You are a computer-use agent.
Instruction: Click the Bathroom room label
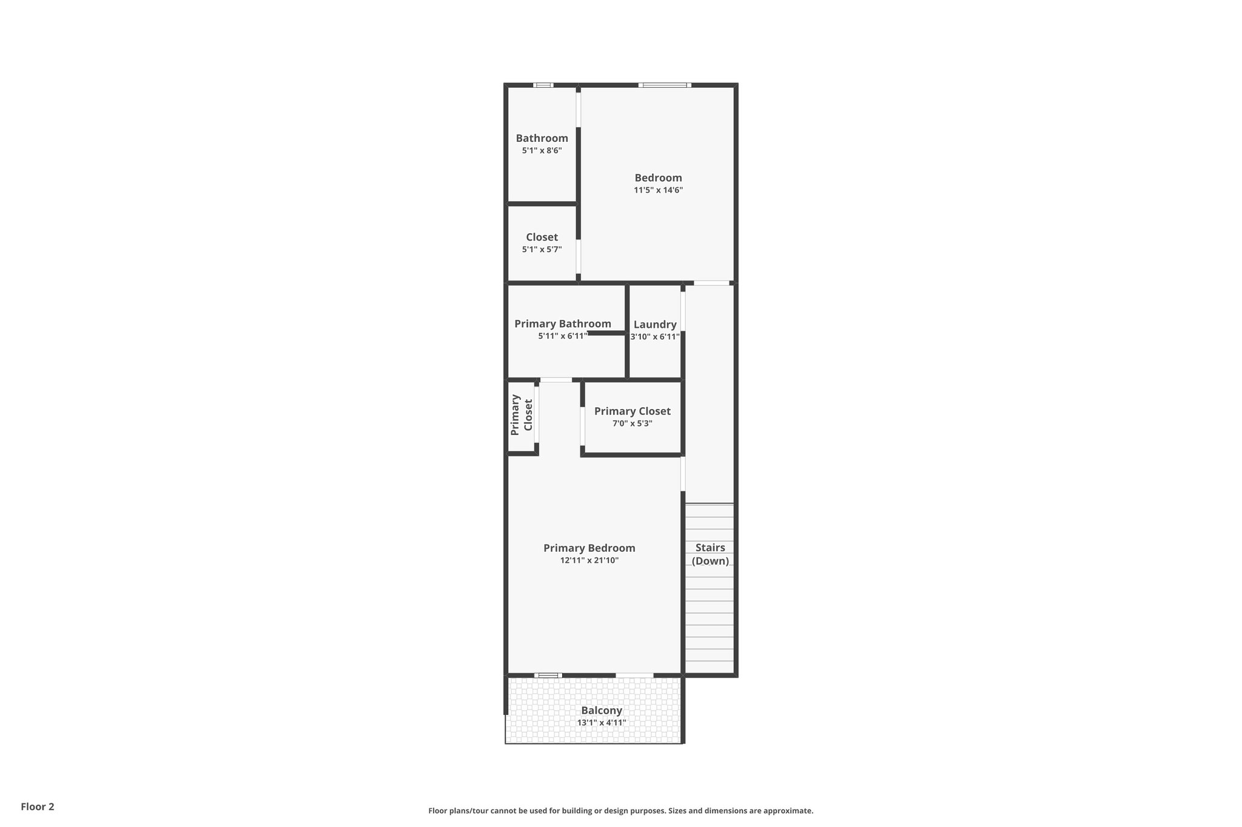pyautogui.click(x=542, y=138)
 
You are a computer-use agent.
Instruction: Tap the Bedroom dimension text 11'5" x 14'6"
pyautogui.click(x=658, y=190)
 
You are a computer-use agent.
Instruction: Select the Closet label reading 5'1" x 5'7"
pyautogui.click(x=542, y=249)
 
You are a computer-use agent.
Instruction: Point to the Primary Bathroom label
pyautogui.click(x=562, y=324)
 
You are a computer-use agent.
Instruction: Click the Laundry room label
pyautogui.click(x=655, y=325)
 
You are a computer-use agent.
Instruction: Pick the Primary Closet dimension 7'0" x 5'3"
pyautogui.click(x=632, y=423)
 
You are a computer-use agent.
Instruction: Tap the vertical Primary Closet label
pyautogui.click(x=522, y=415)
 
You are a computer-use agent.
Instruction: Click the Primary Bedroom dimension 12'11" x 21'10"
pyautogui.click(x=589, y=560)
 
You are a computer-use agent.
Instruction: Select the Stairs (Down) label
pyautogui.click(x=710, y=554)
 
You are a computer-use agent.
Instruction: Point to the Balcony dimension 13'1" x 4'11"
pyautogui.click(x=601, y=723)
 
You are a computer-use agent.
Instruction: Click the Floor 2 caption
pyautogui.click(x=38, y=806)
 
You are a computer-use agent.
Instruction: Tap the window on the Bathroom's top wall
pyautogui.click(x=543, y=85)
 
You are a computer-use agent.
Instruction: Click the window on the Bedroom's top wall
pyautogui.click(x=664, y=85)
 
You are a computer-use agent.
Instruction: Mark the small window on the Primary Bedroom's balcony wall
pyautogui.click(x=548, y=675)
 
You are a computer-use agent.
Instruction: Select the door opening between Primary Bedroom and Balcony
pyautogui.click(x=634, y=675)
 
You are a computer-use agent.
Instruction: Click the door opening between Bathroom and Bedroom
pyautogui.click(x=579, y=109)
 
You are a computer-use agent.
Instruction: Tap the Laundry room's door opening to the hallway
pyautogui.click(x=683, y=311)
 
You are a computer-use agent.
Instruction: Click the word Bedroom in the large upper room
pyautogui.click(x=658, y=178)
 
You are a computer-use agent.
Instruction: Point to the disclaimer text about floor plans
pyautogui.click(x=620, y=811)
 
